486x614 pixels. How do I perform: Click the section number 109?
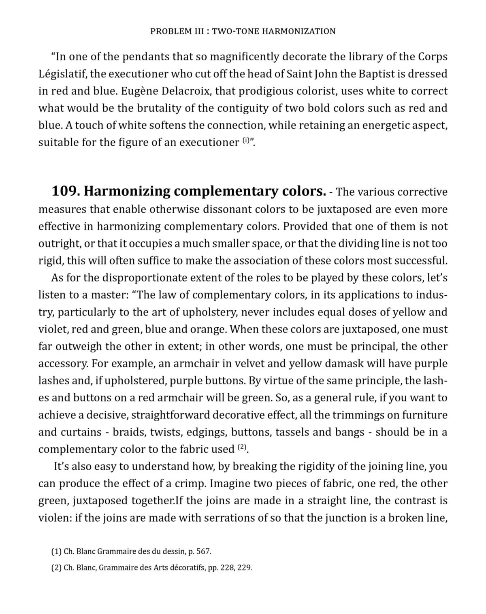tap(65, 191)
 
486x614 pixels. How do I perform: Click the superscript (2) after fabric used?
tap(242, 447)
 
